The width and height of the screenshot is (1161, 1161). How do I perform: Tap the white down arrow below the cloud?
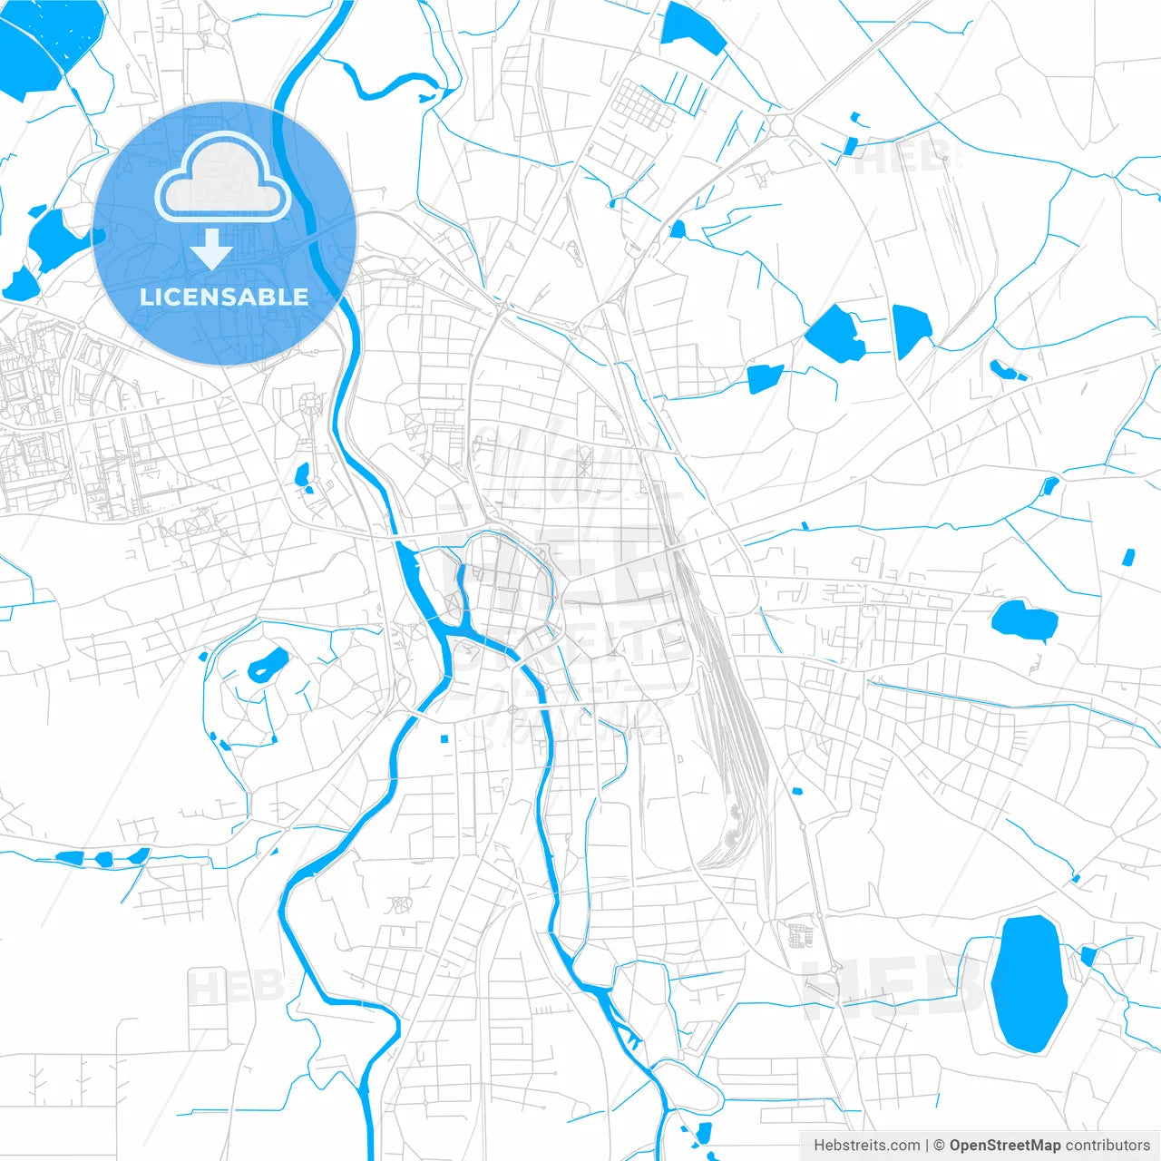click(x=211, y=249)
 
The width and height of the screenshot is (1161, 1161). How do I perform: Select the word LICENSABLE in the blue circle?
click(x=223, y=297)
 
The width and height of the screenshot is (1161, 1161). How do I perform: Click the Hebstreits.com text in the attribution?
click(x=866, y=1146)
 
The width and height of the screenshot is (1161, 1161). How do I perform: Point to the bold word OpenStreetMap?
click(x=1004, y=1146)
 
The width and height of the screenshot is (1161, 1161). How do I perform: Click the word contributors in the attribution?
click(x=1107, y=1146)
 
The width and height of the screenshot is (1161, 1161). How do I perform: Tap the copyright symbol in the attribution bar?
click(x=939, y=1146)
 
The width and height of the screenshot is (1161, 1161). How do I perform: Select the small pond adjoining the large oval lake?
click(x=1088, y=955)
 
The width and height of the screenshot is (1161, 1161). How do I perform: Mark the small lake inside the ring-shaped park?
click(x=268, y=666)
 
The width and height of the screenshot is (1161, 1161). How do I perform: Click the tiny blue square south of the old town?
click(x=444, y=739)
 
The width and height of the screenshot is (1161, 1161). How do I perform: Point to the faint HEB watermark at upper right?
click(x=898, y=159)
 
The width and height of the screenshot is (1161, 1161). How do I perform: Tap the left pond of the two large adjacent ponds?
click(x=835, y=334)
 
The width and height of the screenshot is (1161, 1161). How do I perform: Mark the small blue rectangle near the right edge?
click(x=1128, y=557)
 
